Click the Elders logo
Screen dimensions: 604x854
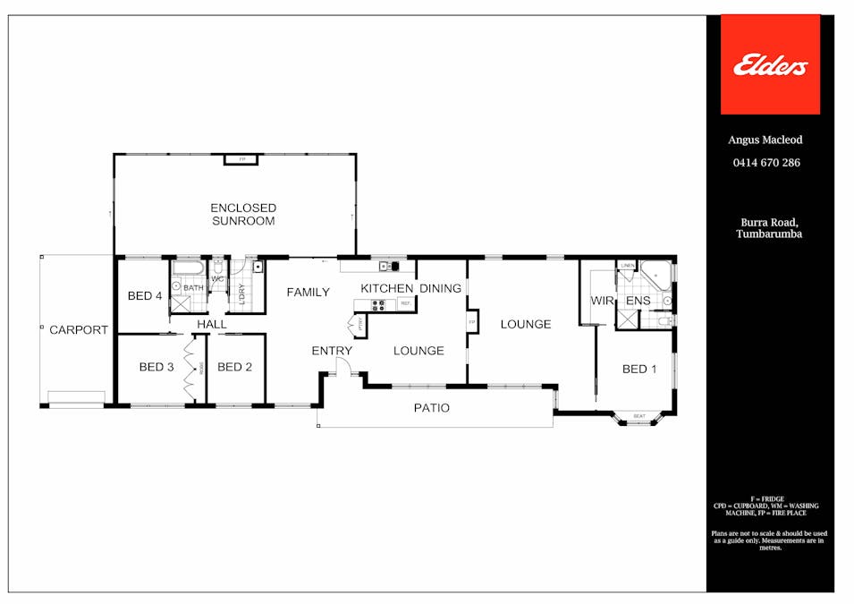tap(770, 65)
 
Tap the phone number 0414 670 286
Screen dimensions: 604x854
tap(766, 163)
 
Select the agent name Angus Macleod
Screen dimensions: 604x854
tap(766, 140)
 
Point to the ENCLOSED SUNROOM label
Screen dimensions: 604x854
tap(243, 214)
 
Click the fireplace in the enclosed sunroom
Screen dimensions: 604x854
tap(241, 159)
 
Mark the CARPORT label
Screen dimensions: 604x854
tap(79, 329)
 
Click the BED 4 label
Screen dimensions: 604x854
tap(145, 295)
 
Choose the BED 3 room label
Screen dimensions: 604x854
tap(156, 367)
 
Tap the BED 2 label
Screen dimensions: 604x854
tap(234, 367)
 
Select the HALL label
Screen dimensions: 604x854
tap(212, 324)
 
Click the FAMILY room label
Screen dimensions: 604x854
tap(308, 292)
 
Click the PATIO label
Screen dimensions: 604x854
tap(431, 408)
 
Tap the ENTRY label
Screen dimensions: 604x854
tap(332, 351)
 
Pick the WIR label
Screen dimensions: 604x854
tap(602, 301)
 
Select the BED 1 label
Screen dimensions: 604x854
tap(639, 369)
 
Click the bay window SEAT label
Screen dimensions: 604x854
tap(639, 416)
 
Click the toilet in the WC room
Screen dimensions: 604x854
tap(217, 267)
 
